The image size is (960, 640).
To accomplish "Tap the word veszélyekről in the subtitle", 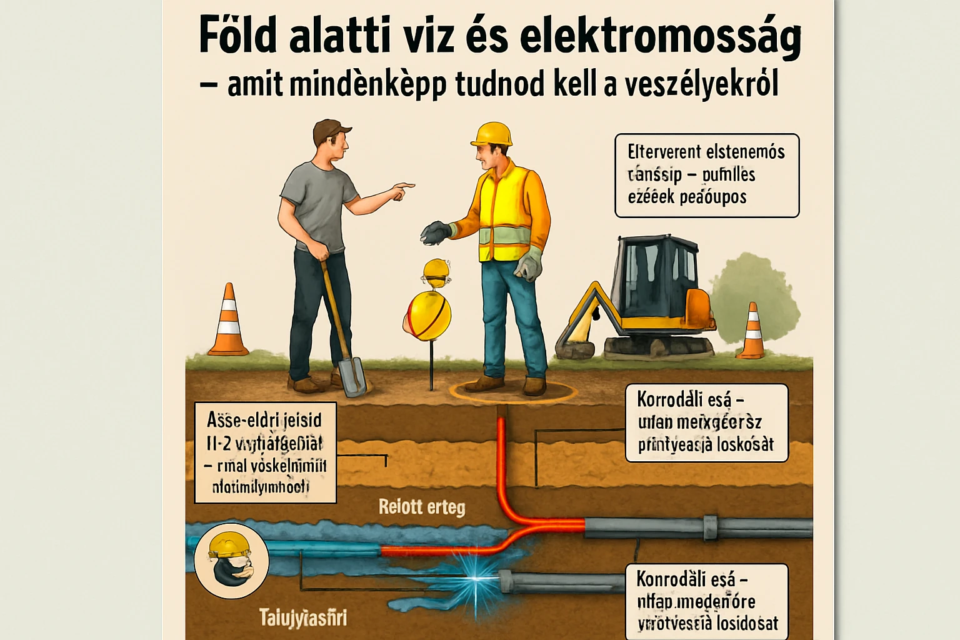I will (x=701, y=85).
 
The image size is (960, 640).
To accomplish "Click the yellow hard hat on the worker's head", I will (x=492, y=134).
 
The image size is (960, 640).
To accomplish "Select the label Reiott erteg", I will (x=422, y=506).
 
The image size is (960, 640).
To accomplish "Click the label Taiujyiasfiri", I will (x=302, y=618).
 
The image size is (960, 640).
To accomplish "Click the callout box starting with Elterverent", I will (x=706, y=175).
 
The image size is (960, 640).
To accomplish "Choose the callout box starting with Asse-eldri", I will (x=265, y=452).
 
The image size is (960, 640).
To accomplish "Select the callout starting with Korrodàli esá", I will (x=706, y=422).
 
